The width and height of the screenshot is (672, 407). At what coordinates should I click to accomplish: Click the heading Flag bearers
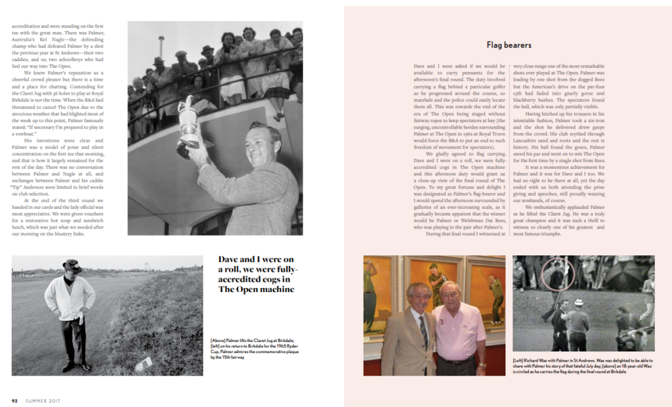pos(509,45)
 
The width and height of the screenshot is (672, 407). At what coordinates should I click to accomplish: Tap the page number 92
pos(14,400)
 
